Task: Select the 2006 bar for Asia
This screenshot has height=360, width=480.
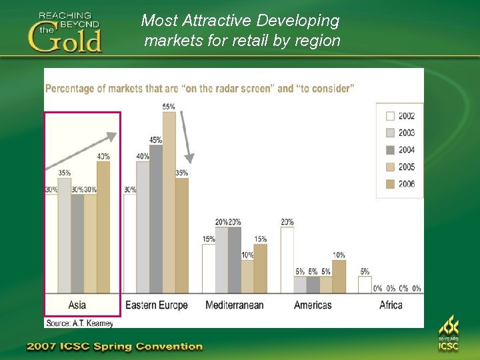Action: pos(103,227)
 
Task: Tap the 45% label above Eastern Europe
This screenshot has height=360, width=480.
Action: pos(156,140)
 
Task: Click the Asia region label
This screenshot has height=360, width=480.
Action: pos(77,305)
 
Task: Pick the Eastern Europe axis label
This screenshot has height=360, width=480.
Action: pos(157,305)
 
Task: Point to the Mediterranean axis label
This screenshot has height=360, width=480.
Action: pos(235,305)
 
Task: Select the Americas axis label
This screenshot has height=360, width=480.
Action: pos(313,305)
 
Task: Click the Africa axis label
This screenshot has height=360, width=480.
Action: pos(391,305)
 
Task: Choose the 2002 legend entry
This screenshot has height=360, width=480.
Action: pos(399,116)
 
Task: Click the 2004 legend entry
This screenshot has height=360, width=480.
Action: pos(399,150)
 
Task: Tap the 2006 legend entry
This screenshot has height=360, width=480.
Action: pos(399,184)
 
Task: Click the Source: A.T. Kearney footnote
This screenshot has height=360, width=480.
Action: pos(79,323)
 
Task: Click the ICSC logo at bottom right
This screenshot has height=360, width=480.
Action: pos(448,333)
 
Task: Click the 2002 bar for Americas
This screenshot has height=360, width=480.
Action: pos(287,260)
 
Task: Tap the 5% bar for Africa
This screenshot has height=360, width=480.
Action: pos(365,285)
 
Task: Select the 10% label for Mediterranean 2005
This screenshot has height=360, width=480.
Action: pos(247,255)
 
